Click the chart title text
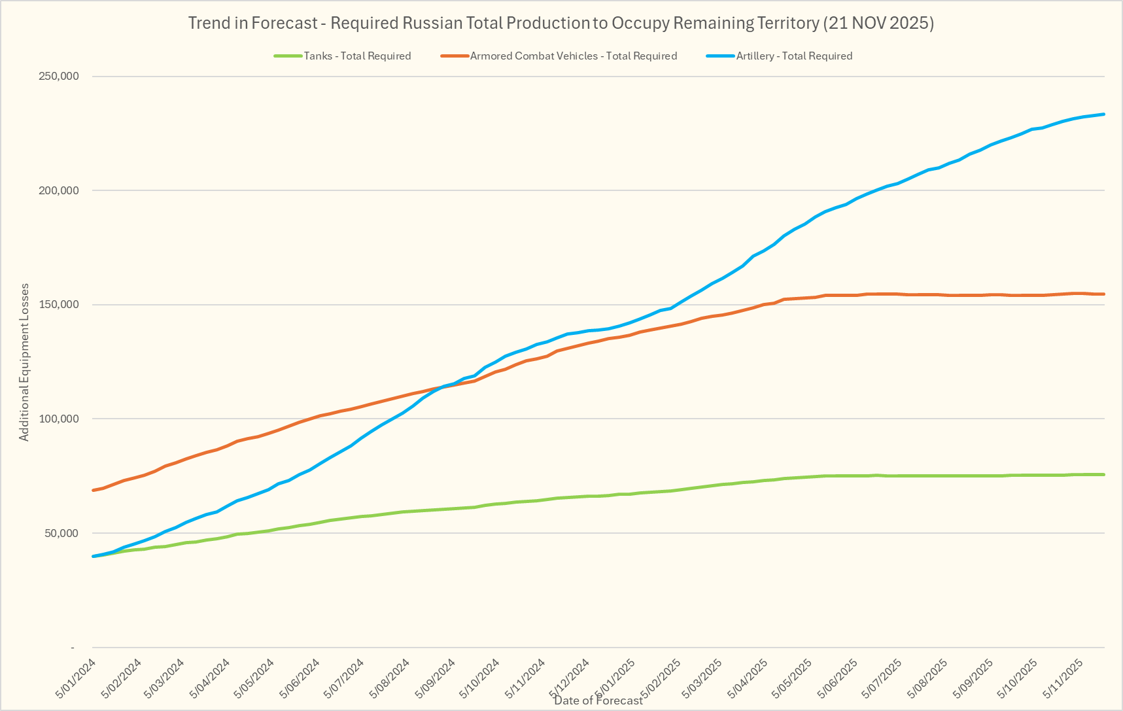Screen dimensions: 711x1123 pyautogui.click(x=561, y=24)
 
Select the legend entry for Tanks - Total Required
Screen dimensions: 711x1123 pyautogui.click(x=357, y=56)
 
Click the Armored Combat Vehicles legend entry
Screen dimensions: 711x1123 pyautogui.click(x=573, y=56)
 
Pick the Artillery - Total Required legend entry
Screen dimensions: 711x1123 pyautogui.click(x=794, y=56)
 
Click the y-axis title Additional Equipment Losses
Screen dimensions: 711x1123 pyautogui.click(x=24, y=362)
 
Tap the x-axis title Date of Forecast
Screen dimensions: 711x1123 pyautogui.click(x=598, y=701)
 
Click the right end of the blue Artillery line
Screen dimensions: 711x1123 pyautogui.click(x=1104, y=114)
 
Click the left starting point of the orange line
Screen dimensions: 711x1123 pyautogui.click(x=94, y=490)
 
